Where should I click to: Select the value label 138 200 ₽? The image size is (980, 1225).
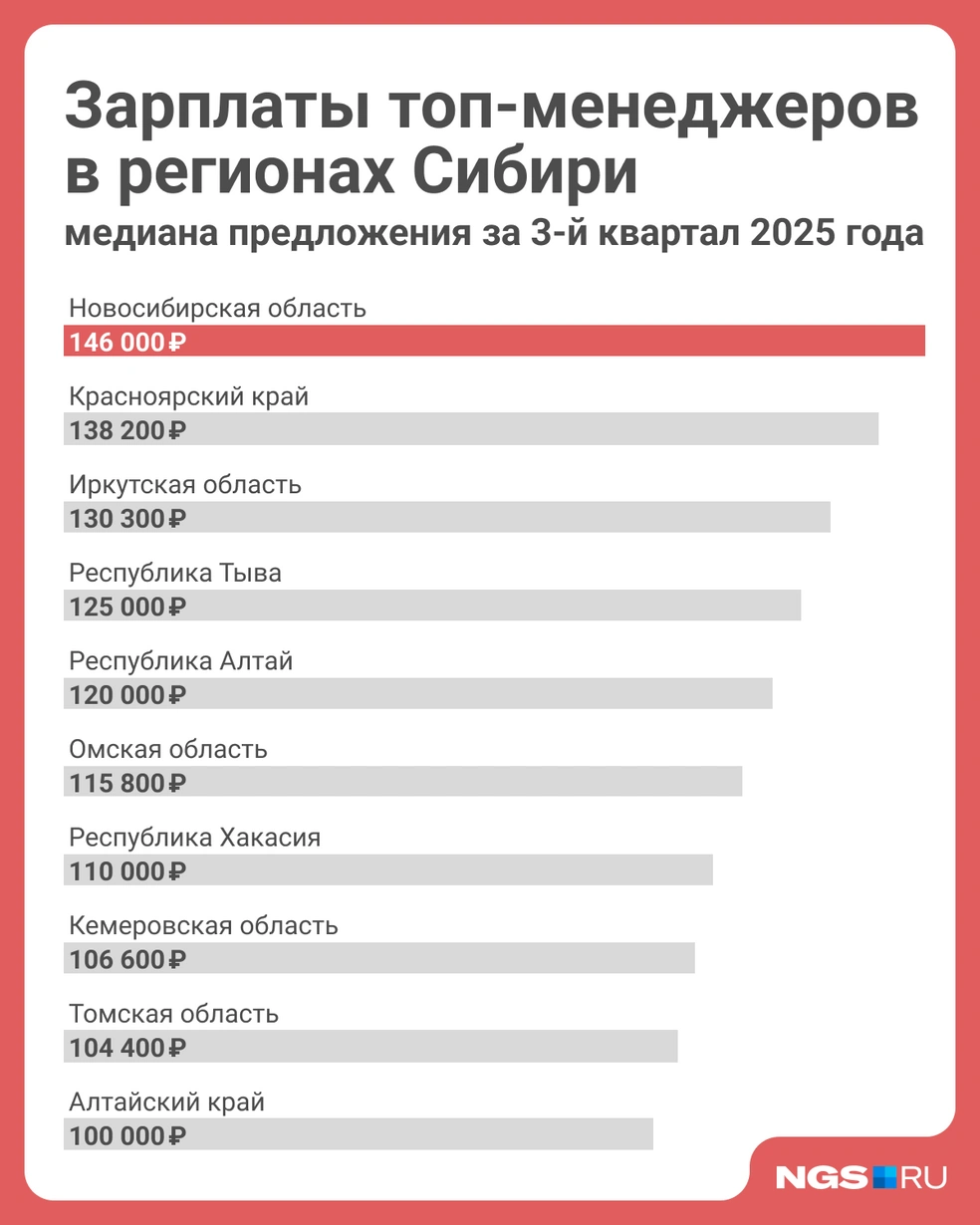click(127, 431)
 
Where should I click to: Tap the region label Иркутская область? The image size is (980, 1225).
click(185, 485)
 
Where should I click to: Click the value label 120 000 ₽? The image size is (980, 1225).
click(127, 695)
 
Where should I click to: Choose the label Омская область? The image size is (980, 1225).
click(168, 749)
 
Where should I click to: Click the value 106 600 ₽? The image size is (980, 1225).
click(127, 959)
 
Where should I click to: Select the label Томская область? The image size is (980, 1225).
click(174, 1014)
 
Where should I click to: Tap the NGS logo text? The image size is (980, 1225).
click(823, 1177)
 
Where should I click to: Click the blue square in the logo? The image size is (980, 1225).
click(885, 1177)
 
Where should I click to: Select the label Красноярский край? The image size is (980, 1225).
click(189, 396)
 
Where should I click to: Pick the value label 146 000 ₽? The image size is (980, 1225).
click(127, 343)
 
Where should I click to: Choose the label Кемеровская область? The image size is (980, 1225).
click(204, 925)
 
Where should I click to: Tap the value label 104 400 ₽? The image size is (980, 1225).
click(127, 1048)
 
